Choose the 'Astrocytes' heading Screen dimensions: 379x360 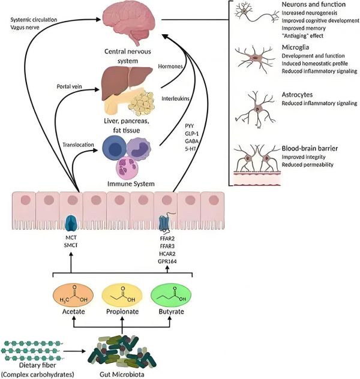coord(298,95)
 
